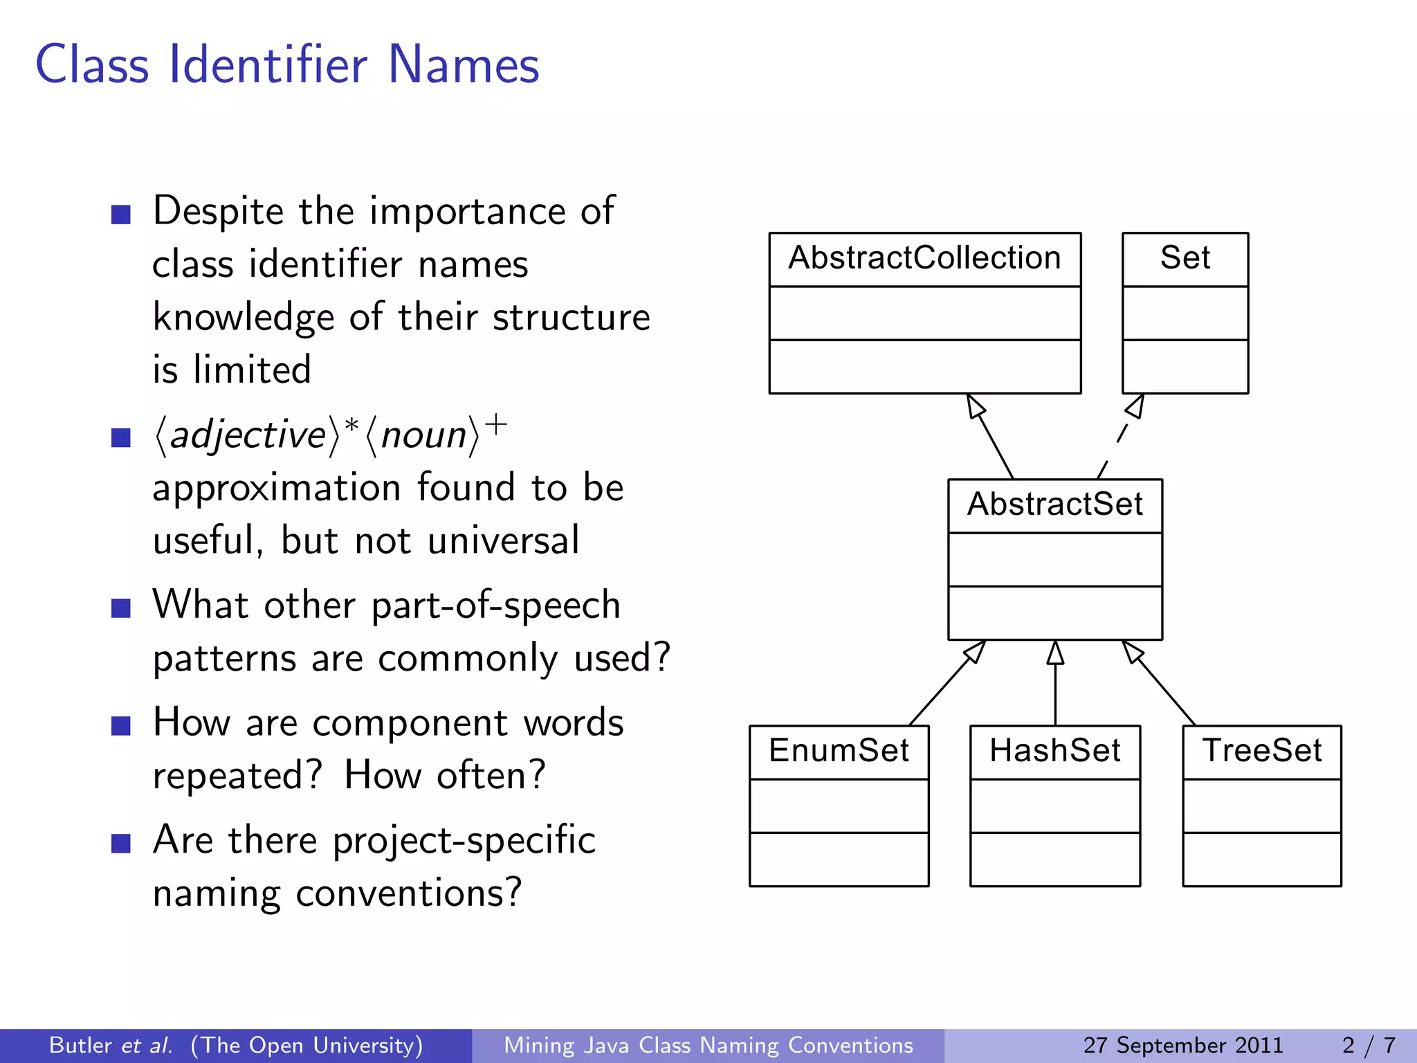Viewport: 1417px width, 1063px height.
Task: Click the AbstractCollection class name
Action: point(924,258)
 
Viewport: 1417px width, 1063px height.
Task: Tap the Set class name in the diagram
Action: point(1185,258)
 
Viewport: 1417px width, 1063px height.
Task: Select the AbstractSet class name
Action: point(1054,505)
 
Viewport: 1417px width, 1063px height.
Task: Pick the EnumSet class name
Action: point(839,751)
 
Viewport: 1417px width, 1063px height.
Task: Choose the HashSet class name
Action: point(1054,751)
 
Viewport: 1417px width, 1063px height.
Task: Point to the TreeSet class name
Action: point(1261,751)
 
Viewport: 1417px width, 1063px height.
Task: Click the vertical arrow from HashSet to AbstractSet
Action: point(1055,685)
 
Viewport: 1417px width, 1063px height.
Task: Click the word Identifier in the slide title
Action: point(268,65)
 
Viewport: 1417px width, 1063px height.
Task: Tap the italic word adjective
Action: point(248,435)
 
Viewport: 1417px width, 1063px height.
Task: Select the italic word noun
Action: point(423,435)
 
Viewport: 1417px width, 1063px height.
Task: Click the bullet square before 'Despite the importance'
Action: point(121,215)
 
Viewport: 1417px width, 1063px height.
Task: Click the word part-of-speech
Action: point(495,606)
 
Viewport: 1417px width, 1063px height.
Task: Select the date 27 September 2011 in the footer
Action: point(1182,1045)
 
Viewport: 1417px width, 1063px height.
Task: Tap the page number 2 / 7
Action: point(1369,1045)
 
